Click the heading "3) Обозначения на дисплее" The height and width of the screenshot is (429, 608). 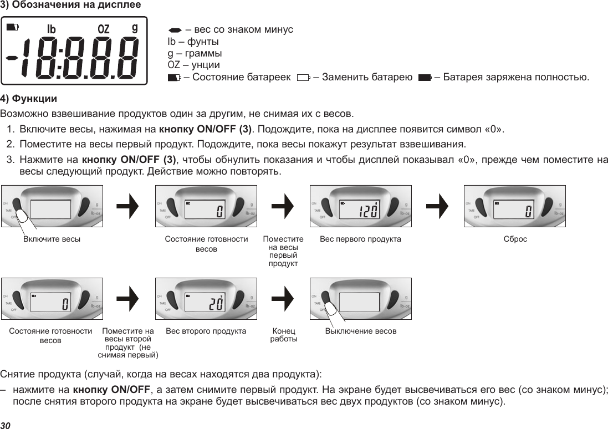point(70,5)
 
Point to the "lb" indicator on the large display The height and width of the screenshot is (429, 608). point(52,28)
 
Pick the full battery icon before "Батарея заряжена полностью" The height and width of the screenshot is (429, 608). point(425,77)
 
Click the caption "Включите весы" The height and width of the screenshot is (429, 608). point(52,239)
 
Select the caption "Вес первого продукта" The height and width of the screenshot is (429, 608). point(361,239)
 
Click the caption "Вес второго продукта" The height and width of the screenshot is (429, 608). point(206,331)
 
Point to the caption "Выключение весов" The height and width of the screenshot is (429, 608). point(361,331)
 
